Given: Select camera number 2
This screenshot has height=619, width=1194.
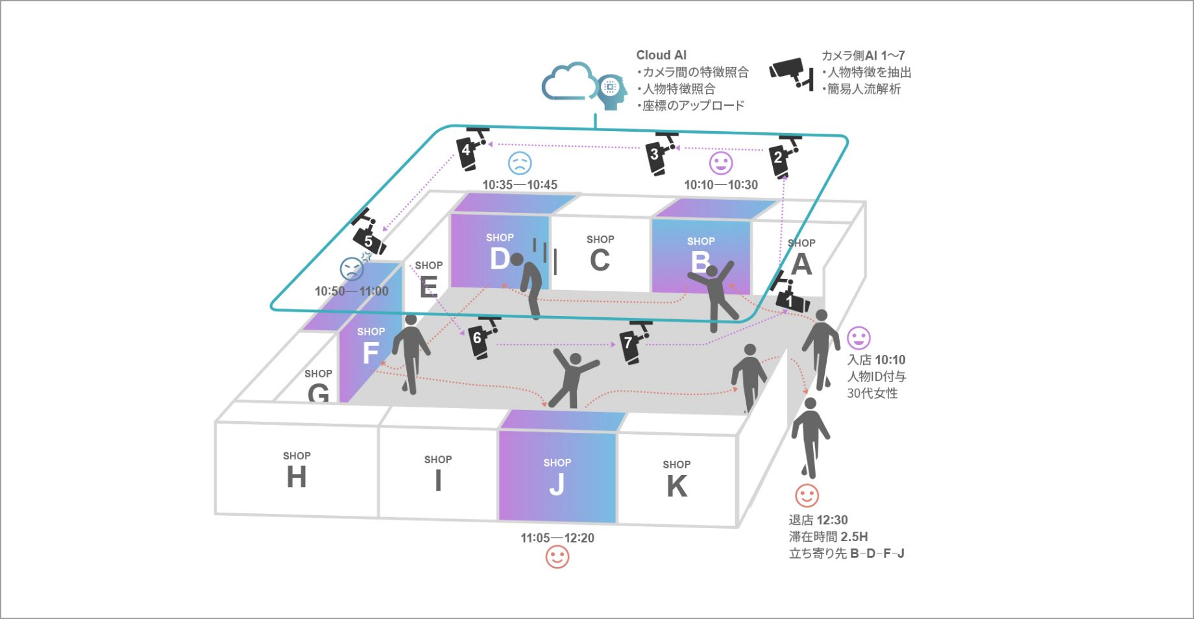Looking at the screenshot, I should pos(783,156).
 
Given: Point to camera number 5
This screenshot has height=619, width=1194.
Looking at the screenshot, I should pos(369,235).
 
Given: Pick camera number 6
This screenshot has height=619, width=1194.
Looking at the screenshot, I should pos(481,337).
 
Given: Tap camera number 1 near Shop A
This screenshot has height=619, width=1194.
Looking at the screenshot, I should pos(792,297).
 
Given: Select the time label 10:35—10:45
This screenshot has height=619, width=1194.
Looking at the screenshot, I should pos(520,185).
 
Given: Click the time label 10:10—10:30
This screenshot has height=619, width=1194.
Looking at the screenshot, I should pos(721,185).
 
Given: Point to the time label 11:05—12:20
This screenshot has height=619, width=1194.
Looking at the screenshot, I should pos(557,538).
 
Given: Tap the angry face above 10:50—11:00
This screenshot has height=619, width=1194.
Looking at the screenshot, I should pos(352,268).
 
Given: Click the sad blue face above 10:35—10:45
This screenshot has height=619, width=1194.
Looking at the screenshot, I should pos(520,163).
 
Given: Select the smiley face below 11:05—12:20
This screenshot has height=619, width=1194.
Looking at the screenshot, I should pos(557,557).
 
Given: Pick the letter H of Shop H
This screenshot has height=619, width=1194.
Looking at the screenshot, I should pos(297,478).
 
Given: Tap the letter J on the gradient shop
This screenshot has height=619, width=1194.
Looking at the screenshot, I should pos(557,484).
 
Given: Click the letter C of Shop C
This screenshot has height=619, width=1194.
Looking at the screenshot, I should pos(600,260).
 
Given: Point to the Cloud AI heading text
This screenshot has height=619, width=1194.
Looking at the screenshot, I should pos(661,55).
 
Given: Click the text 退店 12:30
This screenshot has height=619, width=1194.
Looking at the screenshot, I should pos(818,520).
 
